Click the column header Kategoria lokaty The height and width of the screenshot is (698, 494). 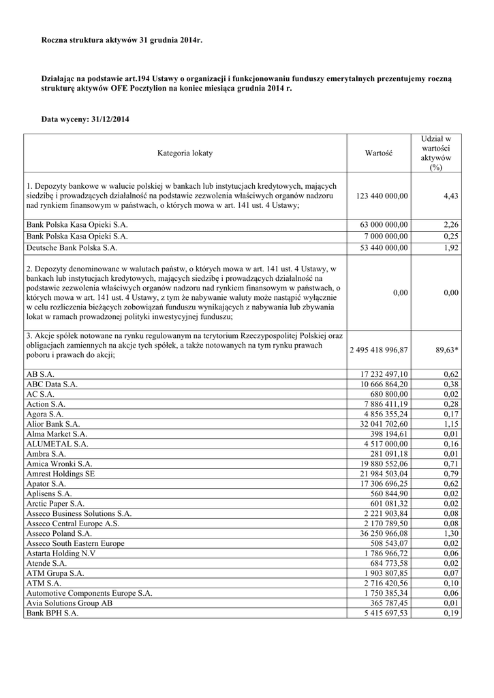[x=185, y=153]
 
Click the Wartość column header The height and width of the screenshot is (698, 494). [x=379, y=153]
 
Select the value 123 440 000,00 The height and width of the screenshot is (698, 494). [x=382, y=196]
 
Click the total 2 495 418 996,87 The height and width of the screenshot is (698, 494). [x=379, y=350]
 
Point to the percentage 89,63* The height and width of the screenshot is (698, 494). [x=446, y=350]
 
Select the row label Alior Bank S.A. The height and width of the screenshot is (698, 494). [x=53, y=423]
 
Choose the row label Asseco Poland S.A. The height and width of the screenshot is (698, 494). [x=59, y=533]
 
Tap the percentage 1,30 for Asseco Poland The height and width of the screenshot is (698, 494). [x=450, y=533]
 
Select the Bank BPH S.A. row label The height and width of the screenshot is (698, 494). [x=52, y=613]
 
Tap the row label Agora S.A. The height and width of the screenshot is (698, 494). [x=45, y=413]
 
